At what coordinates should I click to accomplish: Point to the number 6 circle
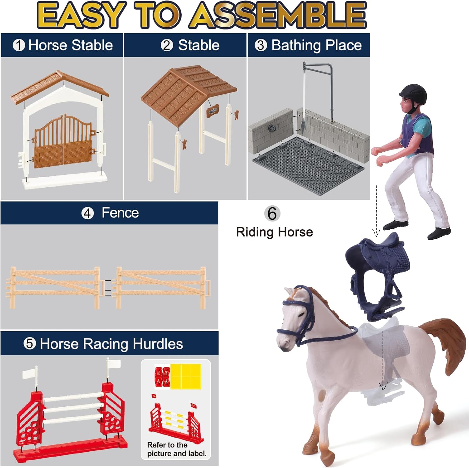tap(272, 214)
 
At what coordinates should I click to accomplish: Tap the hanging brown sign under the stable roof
tap(213, 110)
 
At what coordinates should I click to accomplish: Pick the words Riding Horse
tap(275, 232)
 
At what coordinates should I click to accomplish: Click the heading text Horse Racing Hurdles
tap(111, 344)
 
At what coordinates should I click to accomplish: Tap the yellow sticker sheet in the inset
tap(186, 376)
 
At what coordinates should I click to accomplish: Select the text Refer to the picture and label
tap(177, 449)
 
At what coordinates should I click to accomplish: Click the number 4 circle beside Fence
tap(88, 213)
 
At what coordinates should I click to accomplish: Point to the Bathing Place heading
tap(316, 45)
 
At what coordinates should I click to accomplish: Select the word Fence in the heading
tap(120, 213)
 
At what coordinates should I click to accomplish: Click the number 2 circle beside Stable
tap(167, 45)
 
